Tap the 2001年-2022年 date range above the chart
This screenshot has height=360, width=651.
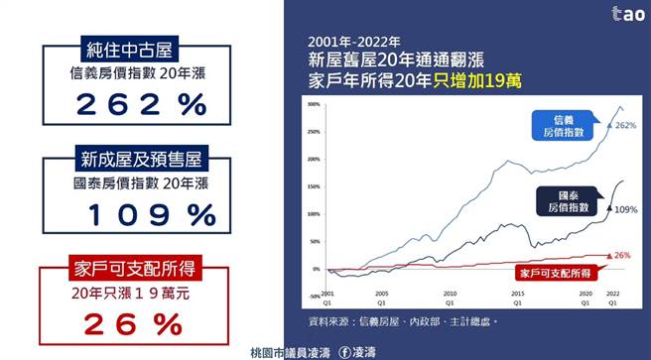353,42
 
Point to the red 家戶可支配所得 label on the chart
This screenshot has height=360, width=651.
552,271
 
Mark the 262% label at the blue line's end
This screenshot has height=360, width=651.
625,126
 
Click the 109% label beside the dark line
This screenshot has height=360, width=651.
625,209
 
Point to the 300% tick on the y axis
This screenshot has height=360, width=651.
313,104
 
